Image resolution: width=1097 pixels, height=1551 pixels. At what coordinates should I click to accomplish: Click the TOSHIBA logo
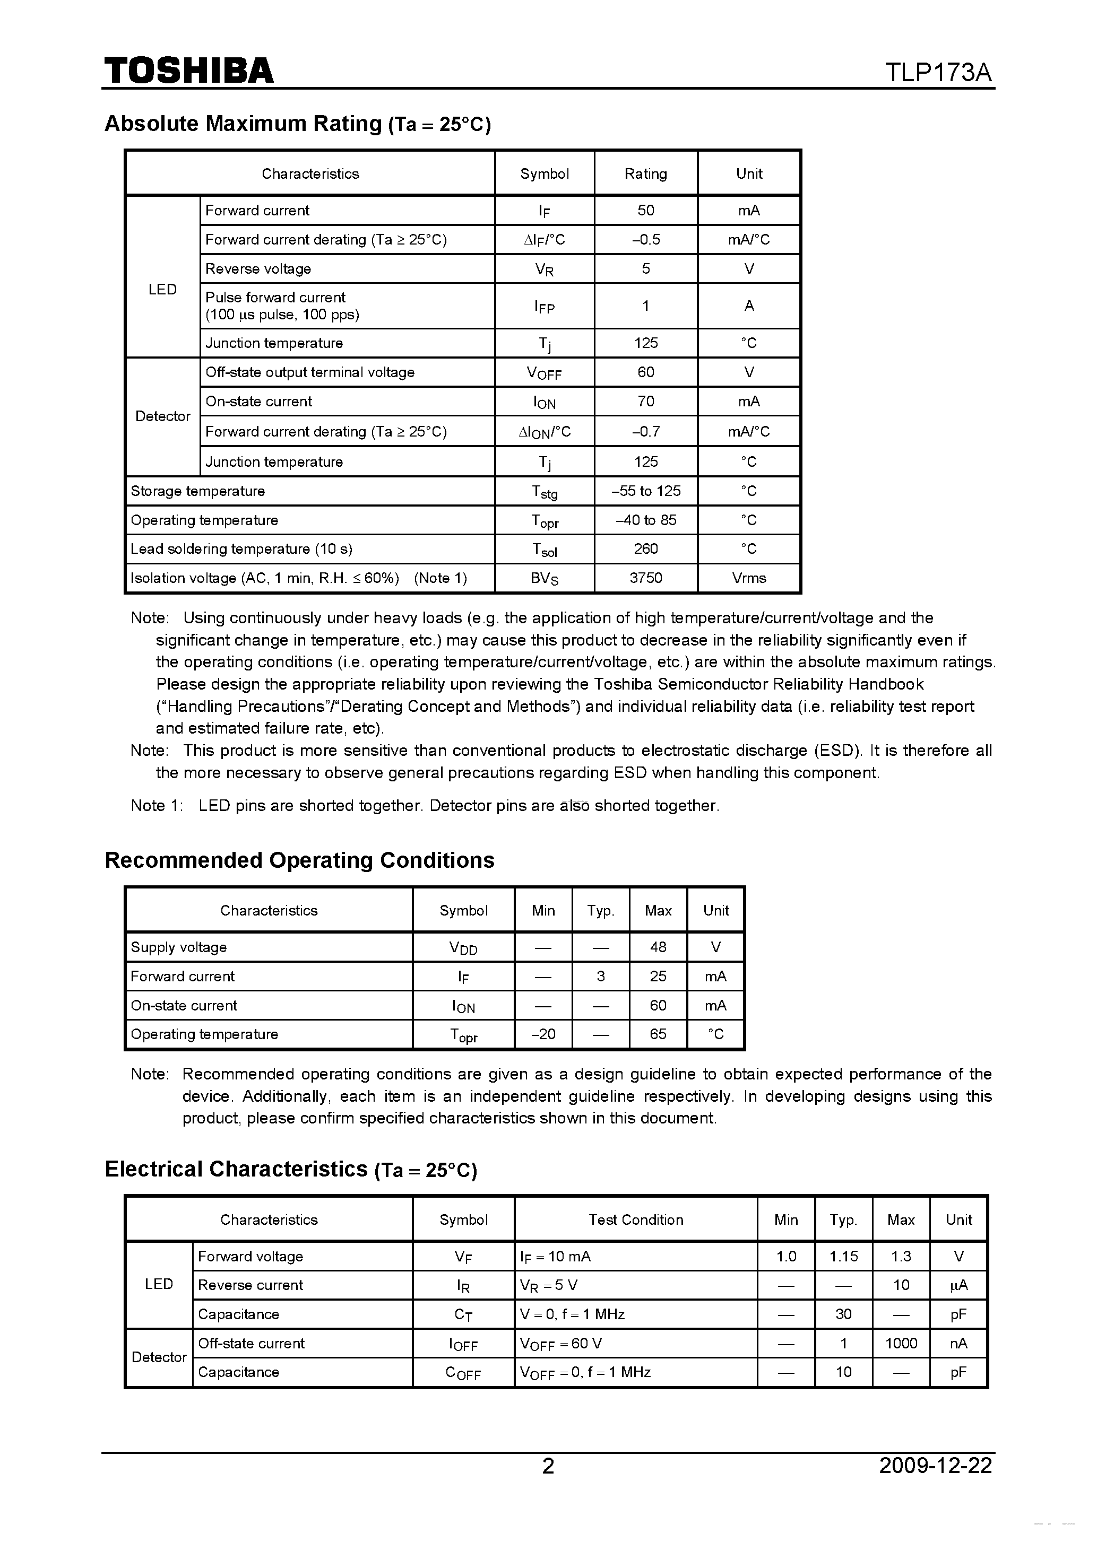188,70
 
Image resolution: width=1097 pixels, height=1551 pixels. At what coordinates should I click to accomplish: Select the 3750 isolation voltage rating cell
645,578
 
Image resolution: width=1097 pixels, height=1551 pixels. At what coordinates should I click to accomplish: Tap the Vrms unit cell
749,578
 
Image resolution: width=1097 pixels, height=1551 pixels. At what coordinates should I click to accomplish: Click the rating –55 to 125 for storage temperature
645,491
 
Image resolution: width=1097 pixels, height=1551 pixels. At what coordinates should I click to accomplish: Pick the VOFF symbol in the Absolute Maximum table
544,373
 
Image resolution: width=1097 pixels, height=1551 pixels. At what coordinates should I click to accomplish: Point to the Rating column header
645,173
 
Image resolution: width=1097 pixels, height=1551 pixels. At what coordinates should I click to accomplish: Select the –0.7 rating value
645,432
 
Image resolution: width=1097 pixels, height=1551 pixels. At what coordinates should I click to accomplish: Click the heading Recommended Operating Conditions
299,860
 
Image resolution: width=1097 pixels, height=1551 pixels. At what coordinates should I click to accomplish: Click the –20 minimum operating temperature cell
543,1034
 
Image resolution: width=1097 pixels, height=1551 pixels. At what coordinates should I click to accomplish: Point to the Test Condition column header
635,1220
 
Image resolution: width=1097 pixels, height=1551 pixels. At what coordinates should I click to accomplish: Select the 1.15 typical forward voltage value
843,1257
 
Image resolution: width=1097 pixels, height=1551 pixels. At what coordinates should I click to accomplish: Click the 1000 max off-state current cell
901,1344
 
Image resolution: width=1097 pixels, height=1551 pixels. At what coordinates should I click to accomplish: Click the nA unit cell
958,1344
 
